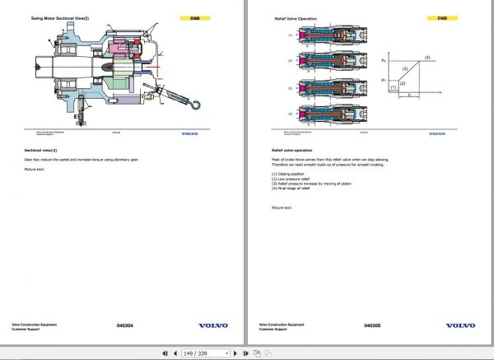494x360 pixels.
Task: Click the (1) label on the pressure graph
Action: coord(394,85)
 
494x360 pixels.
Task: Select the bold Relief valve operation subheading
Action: coord(291,151)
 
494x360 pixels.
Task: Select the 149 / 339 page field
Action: coord(200,353)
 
